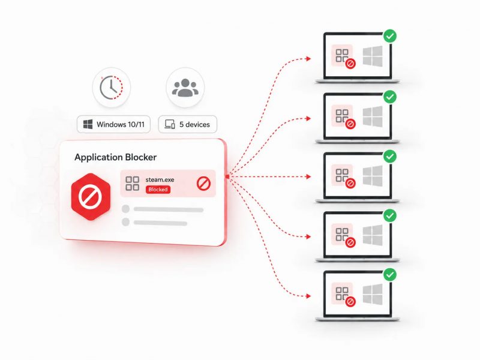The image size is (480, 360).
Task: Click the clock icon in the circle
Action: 111,88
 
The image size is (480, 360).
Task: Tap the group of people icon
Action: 185,88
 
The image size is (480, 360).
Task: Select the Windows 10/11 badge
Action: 113,124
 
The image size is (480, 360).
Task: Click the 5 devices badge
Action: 188,124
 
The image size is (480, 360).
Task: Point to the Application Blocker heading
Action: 115,157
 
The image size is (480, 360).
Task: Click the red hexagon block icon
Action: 91,197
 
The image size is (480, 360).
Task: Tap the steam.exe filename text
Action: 160,179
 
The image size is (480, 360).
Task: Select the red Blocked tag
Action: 158,190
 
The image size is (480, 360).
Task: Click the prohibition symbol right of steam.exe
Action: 203,184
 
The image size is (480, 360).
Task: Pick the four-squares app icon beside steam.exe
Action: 132,184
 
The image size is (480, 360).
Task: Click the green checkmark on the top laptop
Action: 390,36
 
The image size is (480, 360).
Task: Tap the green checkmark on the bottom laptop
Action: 390,275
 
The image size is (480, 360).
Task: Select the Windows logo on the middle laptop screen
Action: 373,176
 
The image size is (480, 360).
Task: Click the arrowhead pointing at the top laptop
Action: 308,58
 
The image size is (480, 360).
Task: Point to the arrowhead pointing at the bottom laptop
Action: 308,296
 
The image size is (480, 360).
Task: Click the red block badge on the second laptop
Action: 350,124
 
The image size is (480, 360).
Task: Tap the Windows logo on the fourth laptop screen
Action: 373,235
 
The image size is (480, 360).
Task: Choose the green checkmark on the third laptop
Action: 390,157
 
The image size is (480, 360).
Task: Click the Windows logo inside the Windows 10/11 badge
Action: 88,124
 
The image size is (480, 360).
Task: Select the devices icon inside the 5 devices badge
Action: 170,124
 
